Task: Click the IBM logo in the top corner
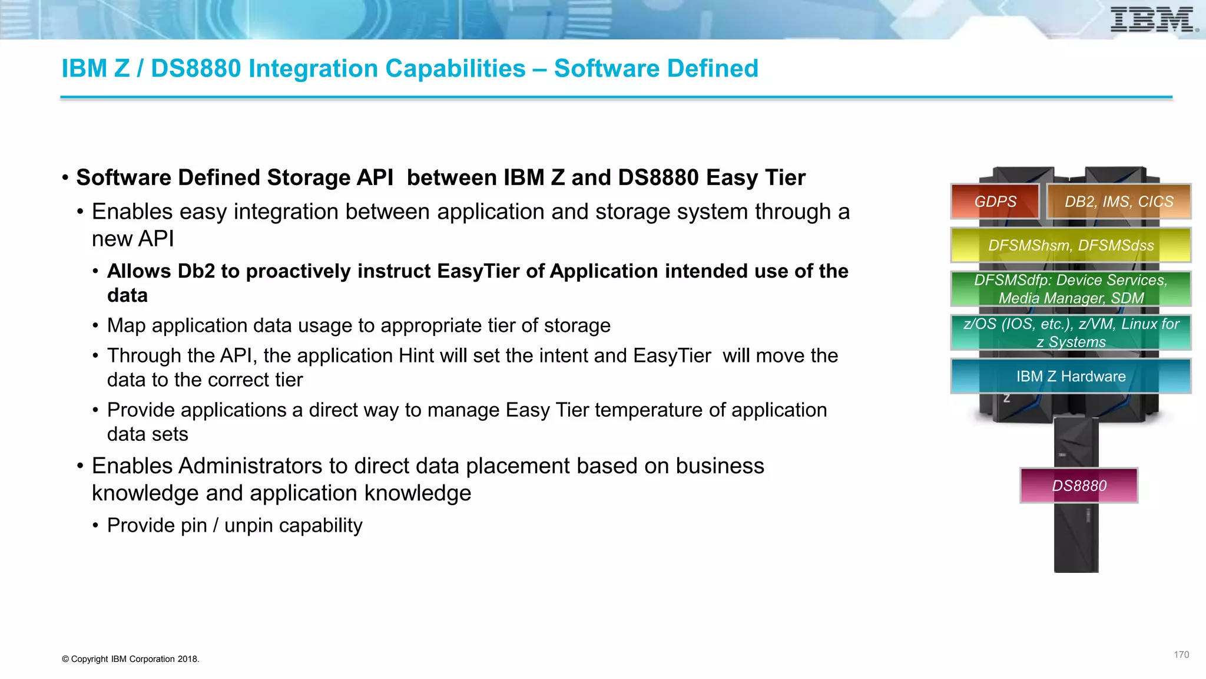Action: (x=1154, y=20)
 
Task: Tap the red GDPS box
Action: (x=995, y=202)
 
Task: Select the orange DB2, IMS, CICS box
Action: (x=1119, y=202)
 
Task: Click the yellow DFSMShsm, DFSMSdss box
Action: (x=1071, y=245)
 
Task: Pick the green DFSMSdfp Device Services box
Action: (x=1071, y=289)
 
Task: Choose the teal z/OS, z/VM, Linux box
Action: (x=1071, y=332)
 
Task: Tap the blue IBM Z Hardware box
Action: (x=1071, y=376)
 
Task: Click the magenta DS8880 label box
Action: (x=1079, y=486)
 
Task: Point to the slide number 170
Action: (x=1181, y=655)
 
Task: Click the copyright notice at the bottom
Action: (x=131, y=659)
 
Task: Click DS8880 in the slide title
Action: (x=196, y=69)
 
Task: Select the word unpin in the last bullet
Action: (x=249, y=526)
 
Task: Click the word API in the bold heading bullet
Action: (x=375, y=178)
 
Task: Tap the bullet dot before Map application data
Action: (x=95, y=326)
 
